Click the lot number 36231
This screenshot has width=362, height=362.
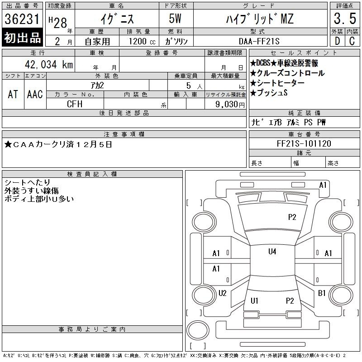point(22,19)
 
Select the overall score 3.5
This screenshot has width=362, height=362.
point(345,19)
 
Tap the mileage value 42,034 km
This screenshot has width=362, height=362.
point(49,64)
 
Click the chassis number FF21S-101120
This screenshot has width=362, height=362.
point(304,143)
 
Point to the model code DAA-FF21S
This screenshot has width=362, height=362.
point(259,41)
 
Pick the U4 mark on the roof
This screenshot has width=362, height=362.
point(272,252)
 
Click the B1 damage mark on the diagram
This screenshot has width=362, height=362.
point(322,293)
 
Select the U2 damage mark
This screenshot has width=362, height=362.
point(222,293)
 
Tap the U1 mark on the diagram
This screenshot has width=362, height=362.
point(254,301)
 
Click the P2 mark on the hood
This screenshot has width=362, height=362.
point(292,217)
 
